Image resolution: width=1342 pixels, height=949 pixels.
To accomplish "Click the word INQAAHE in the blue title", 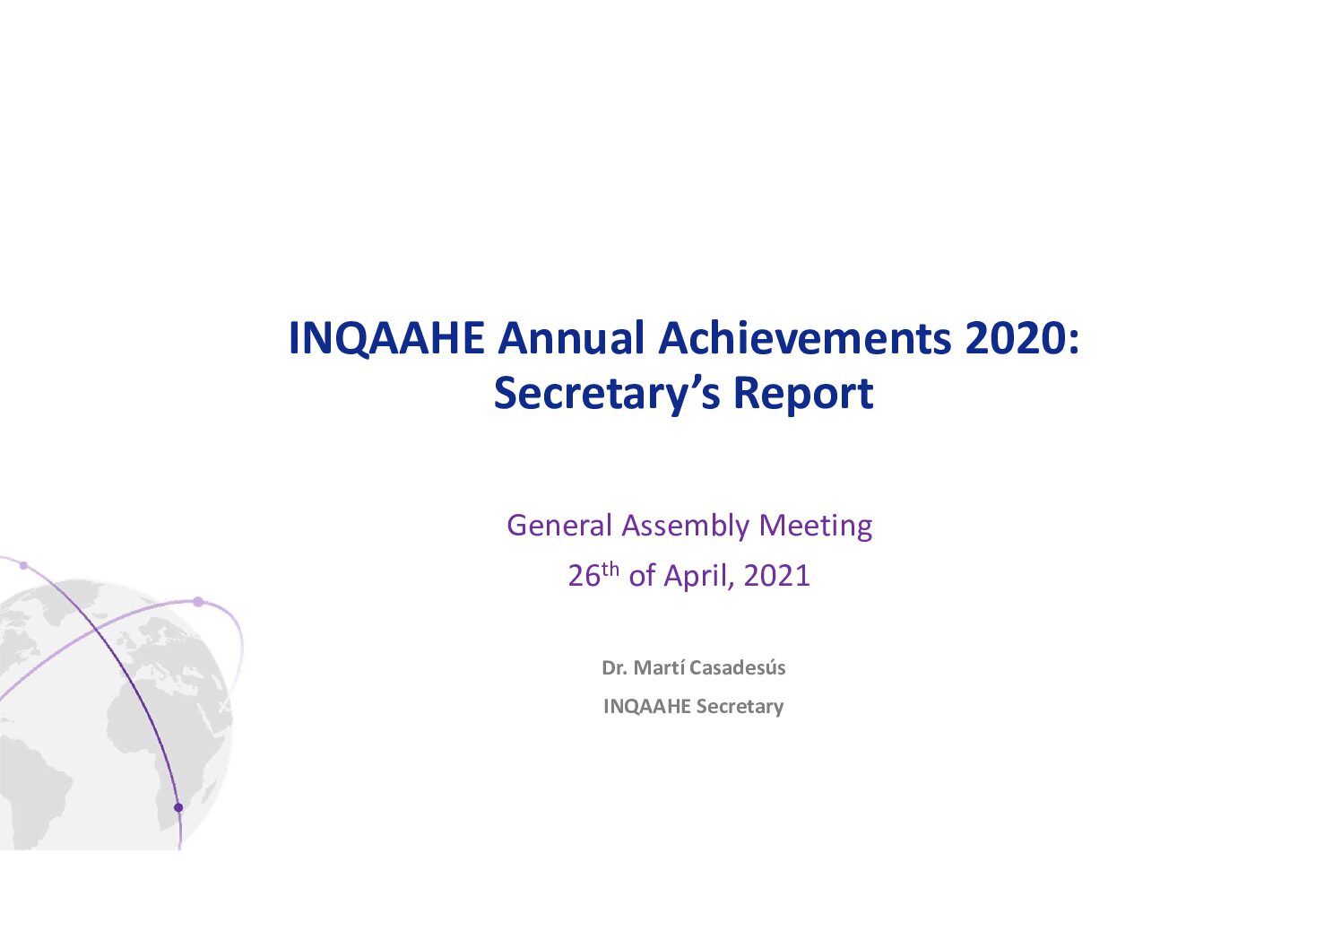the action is click(386, 339).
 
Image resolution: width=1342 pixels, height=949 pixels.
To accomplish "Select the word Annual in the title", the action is click(570, 339).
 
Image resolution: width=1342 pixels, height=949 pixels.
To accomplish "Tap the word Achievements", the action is click(805, 339).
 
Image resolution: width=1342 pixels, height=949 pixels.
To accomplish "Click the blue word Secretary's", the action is click(607, 395).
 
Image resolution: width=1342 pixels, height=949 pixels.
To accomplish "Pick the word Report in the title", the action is click(803, 395).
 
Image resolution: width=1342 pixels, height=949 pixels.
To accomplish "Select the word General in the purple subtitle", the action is click(559, 526).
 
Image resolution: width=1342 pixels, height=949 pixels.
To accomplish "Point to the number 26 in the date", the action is click(584, 576).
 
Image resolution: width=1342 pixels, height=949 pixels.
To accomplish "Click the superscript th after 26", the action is click(610, 569).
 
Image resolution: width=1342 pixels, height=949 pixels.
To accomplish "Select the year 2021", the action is click(777, 576).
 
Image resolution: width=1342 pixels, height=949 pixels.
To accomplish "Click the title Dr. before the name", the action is click(615, 668).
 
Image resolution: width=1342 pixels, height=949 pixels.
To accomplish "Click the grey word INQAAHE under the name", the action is click(647, 707).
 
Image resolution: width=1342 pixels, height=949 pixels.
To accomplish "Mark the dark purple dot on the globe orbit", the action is click(177, 807).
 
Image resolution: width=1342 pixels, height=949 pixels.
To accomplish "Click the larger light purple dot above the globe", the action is click(198, 601).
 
